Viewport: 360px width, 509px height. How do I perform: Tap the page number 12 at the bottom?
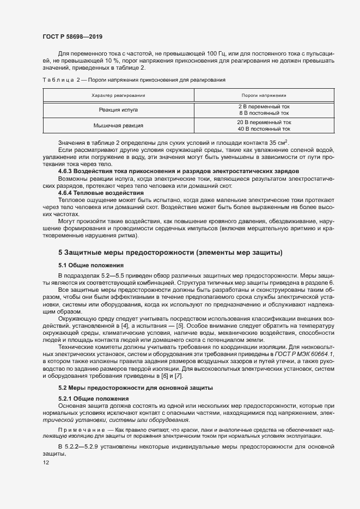point(46,463)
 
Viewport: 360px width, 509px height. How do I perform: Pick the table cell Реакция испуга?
point(118,109)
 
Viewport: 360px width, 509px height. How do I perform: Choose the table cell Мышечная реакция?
point(118,126)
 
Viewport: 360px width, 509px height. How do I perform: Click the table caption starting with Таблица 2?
point(133,80)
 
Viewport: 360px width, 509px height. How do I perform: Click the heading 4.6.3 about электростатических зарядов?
point(178,171)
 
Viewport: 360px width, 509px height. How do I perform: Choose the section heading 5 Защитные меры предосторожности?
point(170,253)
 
